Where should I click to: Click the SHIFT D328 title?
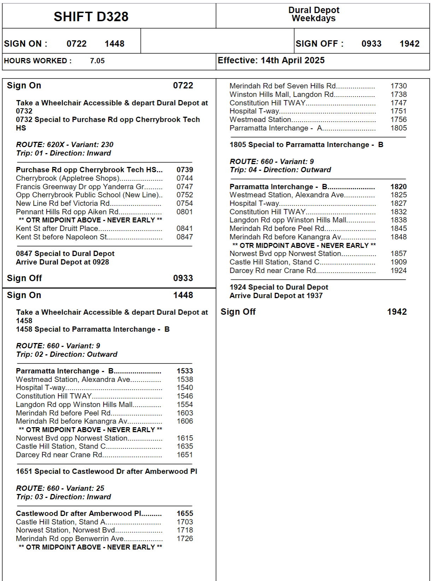(x=91, y=17)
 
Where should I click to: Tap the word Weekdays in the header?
(x=313, y=18)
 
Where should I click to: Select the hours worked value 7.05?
(x=97, y=61)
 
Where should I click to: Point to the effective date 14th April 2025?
(x=292, y=60)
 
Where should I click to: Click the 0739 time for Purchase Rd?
(x=185, y=170)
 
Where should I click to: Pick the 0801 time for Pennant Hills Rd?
(x=185, y=212)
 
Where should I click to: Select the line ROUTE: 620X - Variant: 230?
(x=65, y=145)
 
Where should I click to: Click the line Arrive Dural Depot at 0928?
(x=62, y=262)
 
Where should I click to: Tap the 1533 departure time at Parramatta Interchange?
(x=185, y=371)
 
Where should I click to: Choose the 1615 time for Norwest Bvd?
(x=185, y=438)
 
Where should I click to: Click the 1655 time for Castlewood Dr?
(x=185, y=513)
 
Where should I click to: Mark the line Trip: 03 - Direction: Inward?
(x=63, y=497)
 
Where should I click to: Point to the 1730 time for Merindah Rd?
(x=398, y=86)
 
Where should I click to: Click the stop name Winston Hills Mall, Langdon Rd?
(x=281, y=94)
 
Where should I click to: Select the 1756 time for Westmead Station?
(x=398, y=120)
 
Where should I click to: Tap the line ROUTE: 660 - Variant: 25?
(x=60, y=488)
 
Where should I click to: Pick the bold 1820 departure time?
(x=398, y=187)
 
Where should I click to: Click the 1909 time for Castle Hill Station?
(x=398, y=262)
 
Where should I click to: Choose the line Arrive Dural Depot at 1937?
(x=276, y=296)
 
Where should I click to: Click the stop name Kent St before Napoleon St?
(x=61, y=237)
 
